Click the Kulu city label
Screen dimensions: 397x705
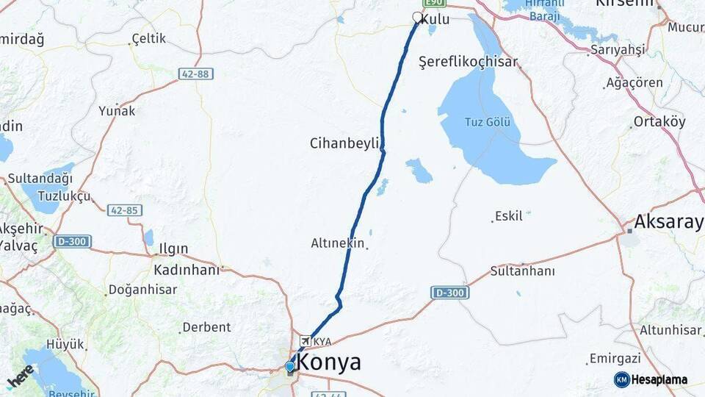pos(435,19)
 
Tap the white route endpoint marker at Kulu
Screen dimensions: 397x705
pos(418,17)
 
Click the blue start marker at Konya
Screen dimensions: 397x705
pos(290,366)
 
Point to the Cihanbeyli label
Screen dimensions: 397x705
pos(344,142)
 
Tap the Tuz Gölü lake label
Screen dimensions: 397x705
pos(487,122)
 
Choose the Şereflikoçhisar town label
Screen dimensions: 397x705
pos(468,62)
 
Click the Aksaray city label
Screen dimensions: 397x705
pos(668,221)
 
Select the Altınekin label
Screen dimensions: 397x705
pos(338,243)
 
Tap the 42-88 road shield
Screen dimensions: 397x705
pos(195,74)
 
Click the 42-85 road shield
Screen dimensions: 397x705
pos(124,210)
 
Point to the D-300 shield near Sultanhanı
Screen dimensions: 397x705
pos(449,292)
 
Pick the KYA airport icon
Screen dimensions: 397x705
pos(305,341)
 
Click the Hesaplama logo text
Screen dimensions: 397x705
pos(659,380)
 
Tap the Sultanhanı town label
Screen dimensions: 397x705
pos(522,270)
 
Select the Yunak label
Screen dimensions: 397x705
pos(117,111)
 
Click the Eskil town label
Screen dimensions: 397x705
pos(509,216)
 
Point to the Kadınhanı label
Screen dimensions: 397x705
pos(187,270)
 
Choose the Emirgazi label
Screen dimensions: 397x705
pos(616,359)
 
